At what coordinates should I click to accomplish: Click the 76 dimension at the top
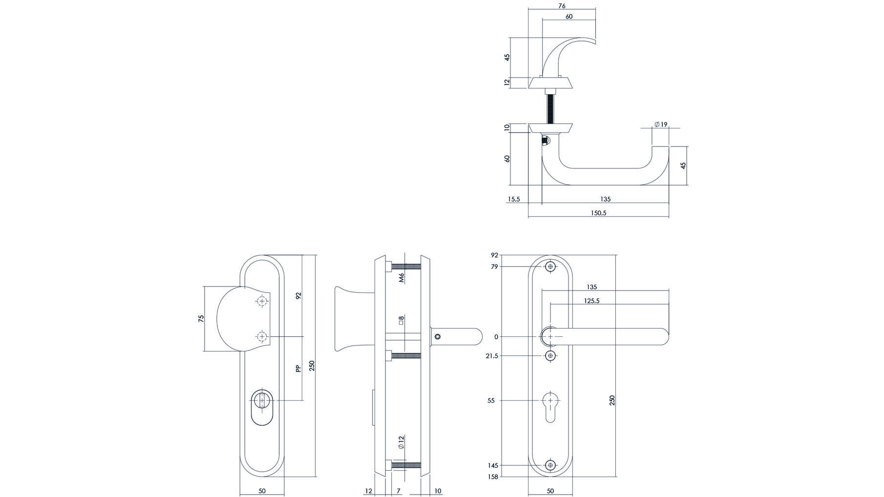click(x=562, y=6)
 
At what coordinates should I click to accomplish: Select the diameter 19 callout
click(x=661, y=124)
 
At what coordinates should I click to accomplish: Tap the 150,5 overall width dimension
click(x=598, y=213)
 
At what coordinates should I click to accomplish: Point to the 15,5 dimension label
click(x=514, y=199)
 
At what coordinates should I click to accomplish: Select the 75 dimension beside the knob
click(x=201, y=319)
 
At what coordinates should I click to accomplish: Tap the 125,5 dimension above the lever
click(x=591, y=301)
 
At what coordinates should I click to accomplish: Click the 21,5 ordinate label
click(x=492, y=356)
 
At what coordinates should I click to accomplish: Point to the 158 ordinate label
click(x=493, y=476)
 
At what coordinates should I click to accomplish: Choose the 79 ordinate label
click(x=494, y=267)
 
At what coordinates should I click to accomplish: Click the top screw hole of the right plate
click(x=551, y=267)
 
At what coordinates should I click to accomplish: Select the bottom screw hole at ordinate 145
click(x=551, y=465)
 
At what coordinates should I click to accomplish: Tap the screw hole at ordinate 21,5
click(x=551, y=356)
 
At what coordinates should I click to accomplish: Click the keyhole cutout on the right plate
click(x=551, y=406)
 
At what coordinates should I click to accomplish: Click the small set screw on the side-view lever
click(x=438, y=336)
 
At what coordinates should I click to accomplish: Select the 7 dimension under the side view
click(x=399, y=491)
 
